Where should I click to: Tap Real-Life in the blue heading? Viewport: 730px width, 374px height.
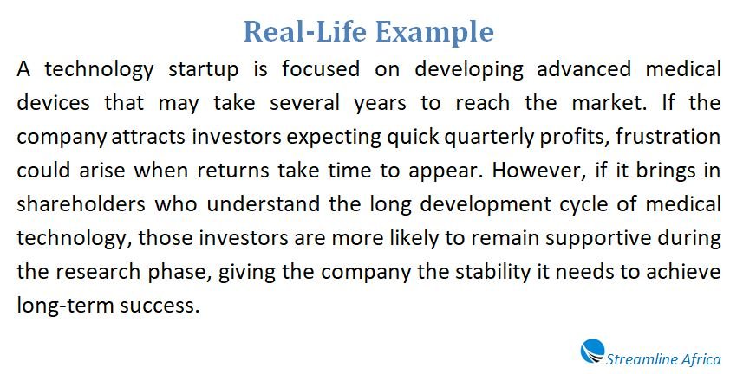pyautogui.click(x=305, y=31)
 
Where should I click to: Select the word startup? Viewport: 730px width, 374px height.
pyautogui.click(x=203, y=70)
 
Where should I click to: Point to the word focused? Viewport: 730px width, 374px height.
pyautogui.click(x=320, y=69)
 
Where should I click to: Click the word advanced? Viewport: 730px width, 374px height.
pyautogui.click(x=583, y=69)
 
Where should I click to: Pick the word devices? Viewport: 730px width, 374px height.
pyautogui.click(x=53, y=103)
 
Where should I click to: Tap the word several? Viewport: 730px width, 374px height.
pyautogui.click(x=304, y=103)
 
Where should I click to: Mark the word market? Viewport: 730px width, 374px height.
pyautogui.click(x=609, y=103)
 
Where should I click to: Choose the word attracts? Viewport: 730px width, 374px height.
pyautogui.click(x=149, y=137)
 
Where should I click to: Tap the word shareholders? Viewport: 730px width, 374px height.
pyautogui.click(x=81, y=204)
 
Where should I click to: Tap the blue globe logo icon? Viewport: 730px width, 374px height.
pyautogui.click(x=593, y=351)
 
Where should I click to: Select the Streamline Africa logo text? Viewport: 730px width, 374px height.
pyautogui.click(x=663, y=359)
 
